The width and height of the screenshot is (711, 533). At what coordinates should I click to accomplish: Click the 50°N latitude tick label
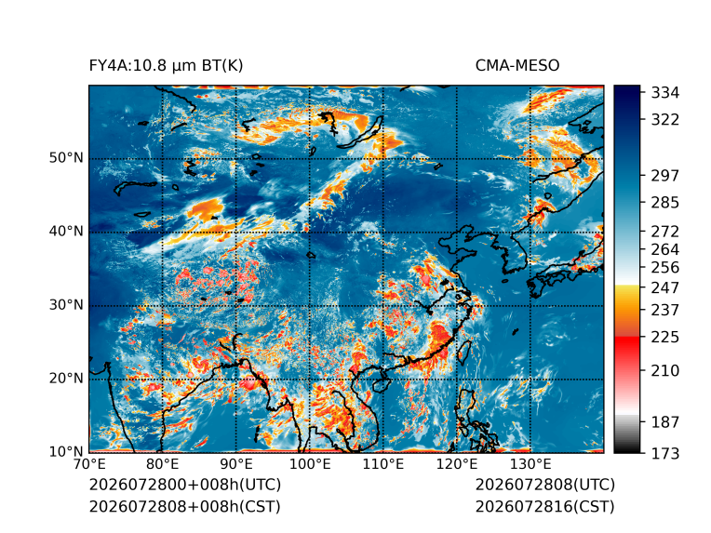point(66,158)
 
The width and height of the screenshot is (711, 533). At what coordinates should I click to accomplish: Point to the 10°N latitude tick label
point(66,451)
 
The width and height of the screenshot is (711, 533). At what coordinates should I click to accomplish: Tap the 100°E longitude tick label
point(310,464)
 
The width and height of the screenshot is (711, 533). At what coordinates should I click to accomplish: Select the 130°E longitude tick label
point(530,464)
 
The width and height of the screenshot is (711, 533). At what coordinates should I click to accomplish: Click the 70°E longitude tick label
point(89,464)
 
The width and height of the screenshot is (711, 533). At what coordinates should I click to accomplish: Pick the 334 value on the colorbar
point(665,93)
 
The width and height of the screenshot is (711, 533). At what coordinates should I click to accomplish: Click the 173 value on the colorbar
point(665,453)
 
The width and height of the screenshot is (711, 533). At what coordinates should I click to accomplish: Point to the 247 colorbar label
point(665,287)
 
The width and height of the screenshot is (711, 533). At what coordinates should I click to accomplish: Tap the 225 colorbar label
point(665,338)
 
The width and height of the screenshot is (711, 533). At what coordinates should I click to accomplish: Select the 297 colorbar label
point(665,176)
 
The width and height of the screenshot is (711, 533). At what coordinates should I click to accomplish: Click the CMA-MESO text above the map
point(517,66)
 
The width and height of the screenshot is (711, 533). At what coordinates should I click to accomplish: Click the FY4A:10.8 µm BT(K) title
point(166,66)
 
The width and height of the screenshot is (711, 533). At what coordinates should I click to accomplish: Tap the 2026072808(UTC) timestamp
point(545,485)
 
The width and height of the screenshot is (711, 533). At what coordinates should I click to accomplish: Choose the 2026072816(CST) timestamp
point(545,506)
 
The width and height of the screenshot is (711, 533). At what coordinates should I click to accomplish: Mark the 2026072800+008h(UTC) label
point(185,485)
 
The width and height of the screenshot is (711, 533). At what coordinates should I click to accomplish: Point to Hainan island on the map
point(381,384)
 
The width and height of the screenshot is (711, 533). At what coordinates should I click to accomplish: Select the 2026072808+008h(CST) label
point(185,506)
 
